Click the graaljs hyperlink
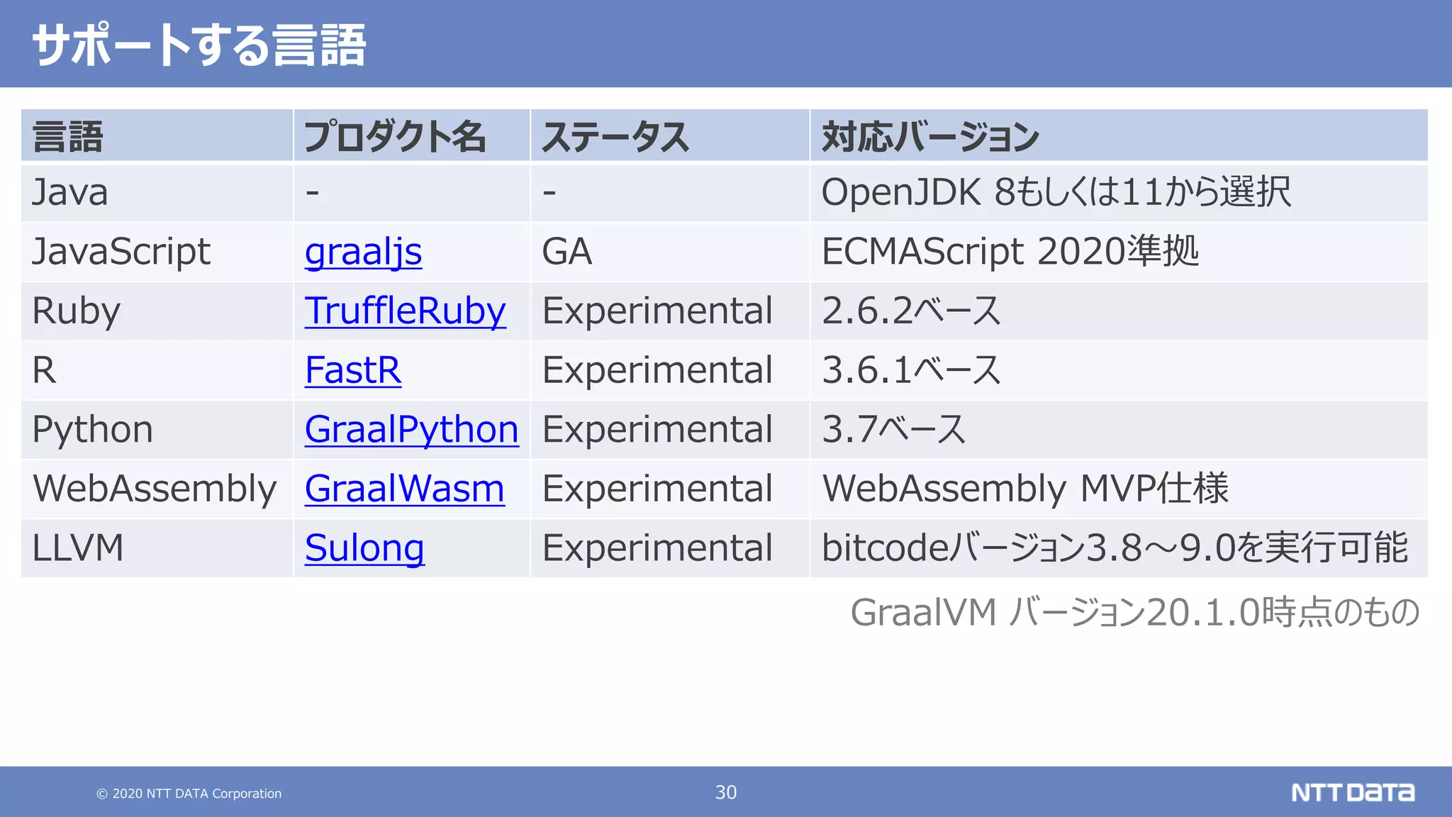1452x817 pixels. (363, 252)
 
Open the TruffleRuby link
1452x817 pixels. (405, 311)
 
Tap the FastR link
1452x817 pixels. (352, 370)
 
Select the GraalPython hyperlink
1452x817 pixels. (411, 430)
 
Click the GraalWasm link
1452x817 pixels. (404, 489)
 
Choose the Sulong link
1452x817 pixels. (364, 548)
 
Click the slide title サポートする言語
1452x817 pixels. (199, 45)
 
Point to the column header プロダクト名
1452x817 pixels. (395, 137)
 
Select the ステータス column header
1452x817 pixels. (615, 137)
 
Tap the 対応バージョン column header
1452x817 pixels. (930, 137)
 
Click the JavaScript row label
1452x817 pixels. (121, 252)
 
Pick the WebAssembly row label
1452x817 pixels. (155, 489)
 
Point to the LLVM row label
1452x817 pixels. (78, 548)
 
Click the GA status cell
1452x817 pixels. (566, 252)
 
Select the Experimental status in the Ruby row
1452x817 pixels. (657, 311)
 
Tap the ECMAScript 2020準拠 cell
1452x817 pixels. (1010, 252)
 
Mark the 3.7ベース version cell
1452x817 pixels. (893, 430)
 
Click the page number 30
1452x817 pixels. (725, 792)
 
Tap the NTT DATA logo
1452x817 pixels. (1352, 792)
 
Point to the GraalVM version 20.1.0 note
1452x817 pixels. (1134, 612)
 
